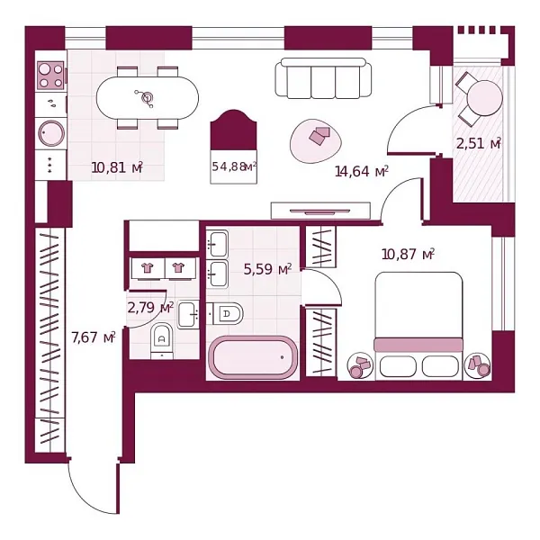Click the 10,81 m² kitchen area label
(116, 166)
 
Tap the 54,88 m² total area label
(234, 166)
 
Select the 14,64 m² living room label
(361, 171)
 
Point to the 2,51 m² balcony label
(477, 143)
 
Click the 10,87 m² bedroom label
(408, 255)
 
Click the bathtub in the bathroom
(253, 357)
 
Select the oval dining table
(148, 96)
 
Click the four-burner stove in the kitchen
(50, 74)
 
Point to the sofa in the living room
(323, 79)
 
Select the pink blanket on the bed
(418, 345)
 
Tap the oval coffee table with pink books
(318, 139)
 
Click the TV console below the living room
(320, 210)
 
